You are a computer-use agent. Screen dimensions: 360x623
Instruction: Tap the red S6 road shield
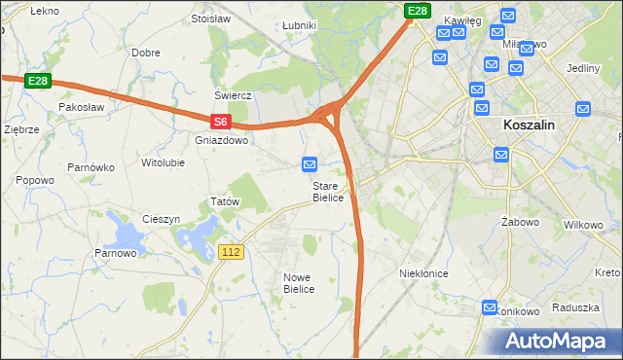(221, 122)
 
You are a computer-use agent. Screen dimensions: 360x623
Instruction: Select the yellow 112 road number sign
(231, 252)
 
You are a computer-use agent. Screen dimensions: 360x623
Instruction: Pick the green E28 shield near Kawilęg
(418, 11)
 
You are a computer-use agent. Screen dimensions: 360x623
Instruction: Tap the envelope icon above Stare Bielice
(310, 164)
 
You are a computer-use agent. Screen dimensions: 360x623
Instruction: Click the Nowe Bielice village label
(297, 283)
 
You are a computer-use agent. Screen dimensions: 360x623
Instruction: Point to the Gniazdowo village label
(222, 140)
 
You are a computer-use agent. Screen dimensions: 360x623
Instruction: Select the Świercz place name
(234, 96)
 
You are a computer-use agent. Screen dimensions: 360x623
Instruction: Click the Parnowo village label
(115, 254)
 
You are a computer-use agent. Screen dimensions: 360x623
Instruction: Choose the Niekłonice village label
(423, 273)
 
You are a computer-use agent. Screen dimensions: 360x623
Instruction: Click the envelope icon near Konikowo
(490, 307)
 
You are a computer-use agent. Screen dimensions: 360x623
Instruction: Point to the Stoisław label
(210, 18)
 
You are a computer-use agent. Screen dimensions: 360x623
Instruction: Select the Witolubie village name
(163, 162)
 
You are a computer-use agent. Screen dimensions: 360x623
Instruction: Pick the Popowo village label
(35, 180)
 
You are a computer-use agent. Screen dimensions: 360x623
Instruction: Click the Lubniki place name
(298, 25)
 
